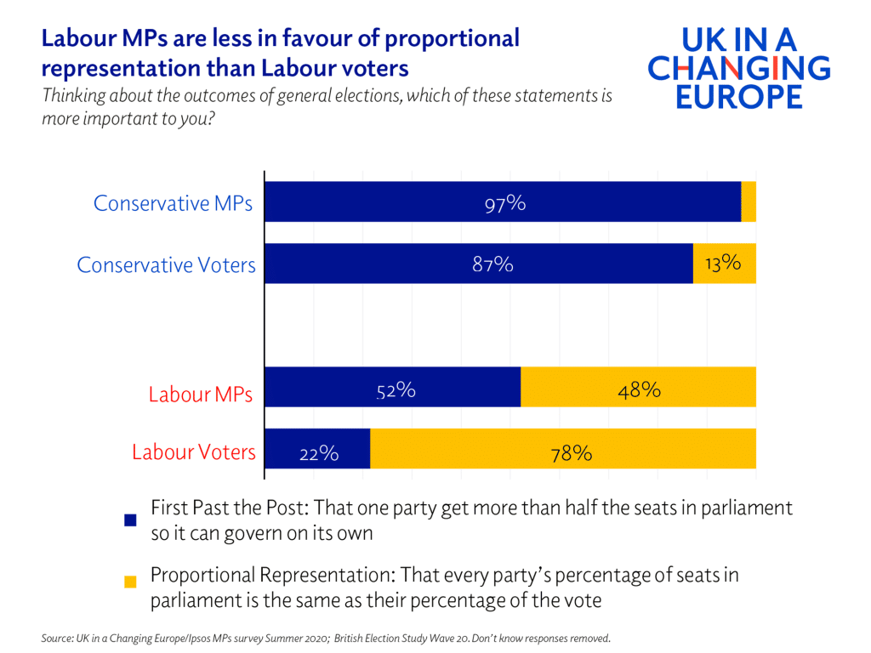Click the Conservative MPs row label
point(173,204)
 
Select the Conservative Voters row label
point(166,265)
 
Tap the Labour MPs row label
point(201,395)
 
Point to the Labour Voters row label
point(193,452)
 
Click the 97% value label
point(505,203)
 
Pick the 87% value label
point(492,264)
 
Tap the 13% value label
point(723,264)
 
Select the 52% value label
point(396,391)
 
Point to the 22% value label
point(319,454)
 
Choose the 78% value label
point(571,453)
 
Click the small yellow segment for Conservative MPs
point(749,202)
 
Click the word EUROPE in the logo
point(738,95)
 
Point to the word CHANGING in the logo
point(738,67)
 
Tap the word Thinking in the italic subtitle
point(70,96)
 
